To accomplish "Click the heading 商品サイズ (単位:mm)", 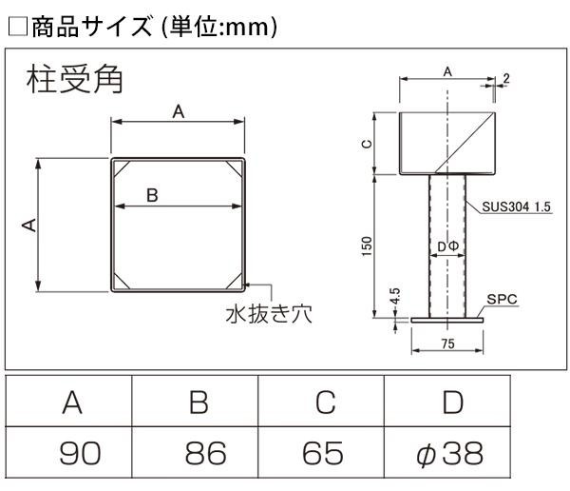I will pyautogui.click(x=142, y=27).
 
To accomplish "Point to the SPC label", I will pyautogui.click(x=502, y=299).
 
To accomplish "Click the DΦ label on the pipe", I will pyautogui.click(x=448, y=246).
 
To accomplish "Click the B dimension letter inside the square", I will pyautogui.click(x=152, y=195).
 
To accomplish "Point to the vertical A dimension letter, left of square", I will pyautogui.click(x=28, y=225).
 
